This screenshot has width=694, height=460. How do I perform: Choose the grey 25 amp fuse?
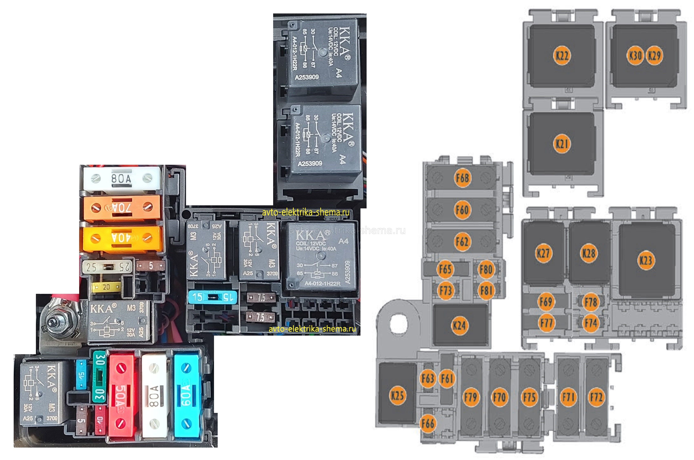[x=107, y=267]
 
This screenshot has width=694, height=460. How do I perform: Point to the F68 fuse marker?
[x=462, y=178]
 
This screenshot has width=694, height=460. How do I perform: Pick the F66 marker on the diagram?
[x=428, y=423]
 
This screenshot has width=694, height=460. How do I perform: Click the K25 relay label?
[x=397, y=395]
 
